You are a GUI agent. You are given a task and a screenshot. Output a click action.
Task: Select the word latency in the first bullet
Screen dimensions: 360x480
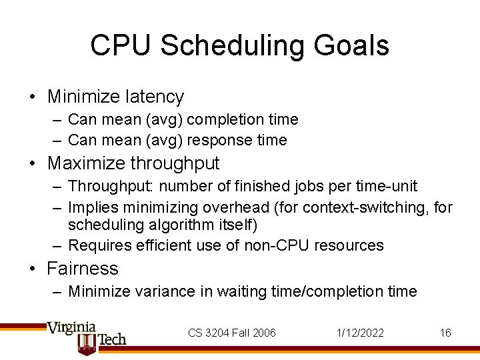(x=153, y=97)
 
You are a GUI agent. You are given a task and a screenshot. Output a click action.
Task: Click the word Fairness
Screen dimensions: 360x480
(x=83, y=269)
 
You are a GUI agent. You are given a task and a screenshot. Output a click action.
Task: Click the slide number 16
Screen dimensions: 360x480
(x=445, y=333)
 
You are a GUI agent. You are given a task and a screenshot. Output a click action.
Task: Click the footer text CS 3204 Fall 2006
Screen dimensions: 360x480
(x=232, y=333)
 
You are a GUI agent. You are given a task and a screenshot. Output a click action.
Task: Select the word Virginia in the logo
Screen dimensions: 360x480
(x=71, y=328)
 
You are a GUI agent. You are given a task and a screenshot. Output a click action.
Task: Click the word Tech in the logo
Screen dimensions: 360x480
(x=112, y=339)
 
